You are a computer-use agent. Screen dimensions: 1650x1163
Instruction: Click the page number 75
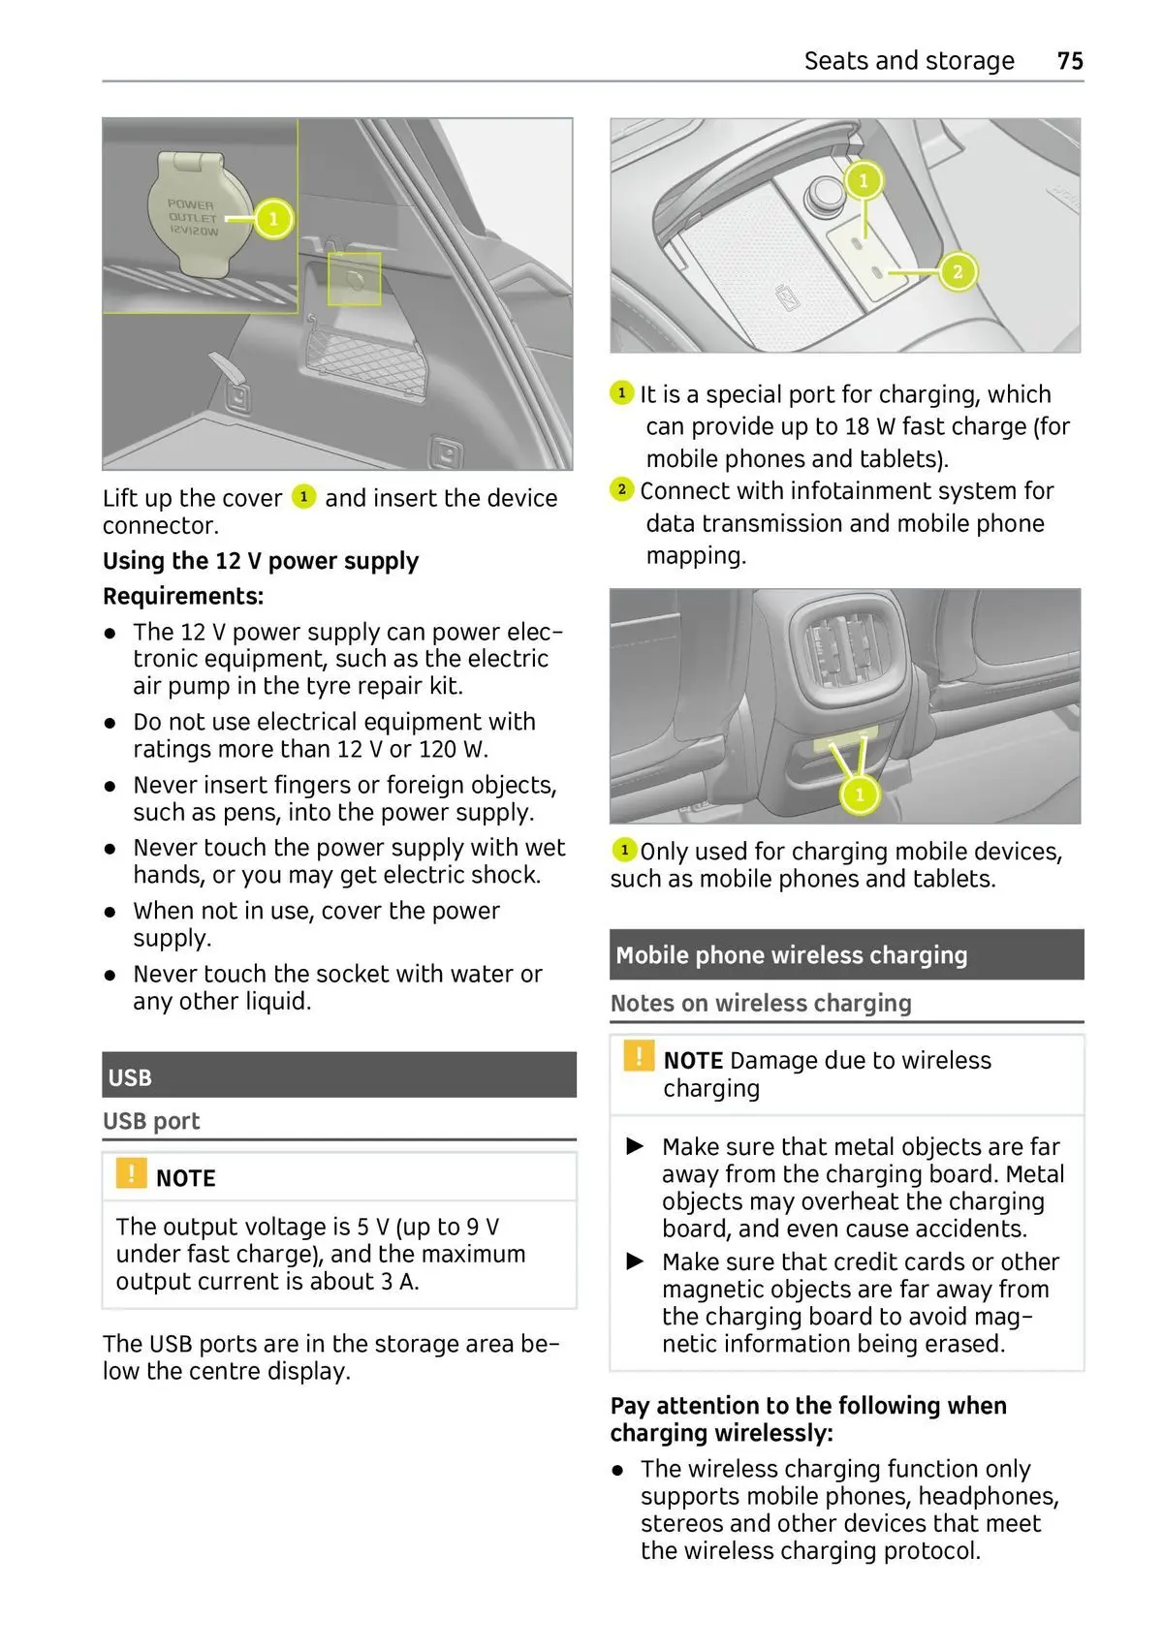tap(1070, 61)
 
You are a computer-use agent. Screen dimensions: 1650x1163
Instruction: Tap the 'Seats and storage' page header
tap(908, 61)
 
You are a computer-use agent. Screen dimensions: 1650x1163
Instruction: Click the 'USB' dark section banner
tap(339, 1075)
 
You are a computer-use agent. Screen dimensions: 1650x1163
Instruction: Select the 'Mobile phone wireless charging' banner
tap(846, 955)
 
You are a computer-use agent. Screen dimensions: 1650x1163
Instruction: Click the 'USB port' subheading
tap(152, 1121)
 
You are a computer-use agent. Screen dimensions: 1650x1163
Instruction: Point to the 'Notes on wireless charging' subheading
tap(761, 1004)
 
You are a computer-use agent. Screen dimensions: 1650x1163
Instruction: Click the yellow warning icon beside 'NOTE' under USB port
tap(131, 1173)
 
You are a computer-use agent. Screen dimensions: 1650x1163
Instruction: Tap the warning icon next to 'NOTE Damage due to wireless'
tap(639, 1055)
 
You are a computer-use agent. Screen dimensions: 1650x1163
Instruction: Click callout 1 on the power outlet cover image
tap(273, 219)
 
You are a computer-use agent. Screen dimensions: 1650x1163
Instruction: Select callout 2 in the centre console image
tap(958, 271)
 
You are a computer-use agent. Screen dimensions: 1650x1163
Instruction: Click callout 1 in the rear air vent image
tap(860, 795)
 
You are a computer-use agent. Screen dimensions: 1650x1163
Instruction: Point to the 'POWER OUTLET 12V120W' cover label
tap(193, 218)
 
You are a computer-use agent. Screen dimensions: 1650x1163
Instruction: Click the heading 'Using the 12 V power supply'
tap(261, 561)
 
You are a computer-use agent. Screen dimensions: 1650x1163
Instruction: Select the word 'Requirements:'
tap(183, 596)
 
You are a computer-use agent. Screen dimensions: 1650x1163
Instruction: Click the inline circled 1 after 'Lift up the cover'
tap(303, 497)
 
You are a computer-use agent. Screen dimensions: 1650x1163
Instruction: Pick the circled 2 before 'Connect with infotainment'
tap(622, 489)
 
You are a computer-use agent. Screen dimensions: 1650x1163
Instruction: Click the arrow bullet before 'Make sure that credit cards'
tap(636, 1261)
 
